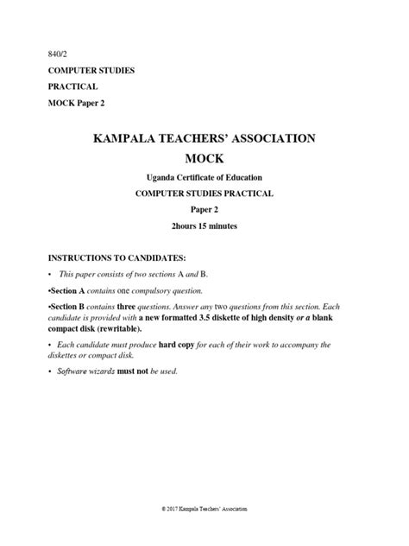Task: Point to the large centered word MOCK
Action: [204, 160]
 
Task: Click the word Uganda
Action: [161, 178]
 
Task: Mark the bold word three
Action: [126, 306]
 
